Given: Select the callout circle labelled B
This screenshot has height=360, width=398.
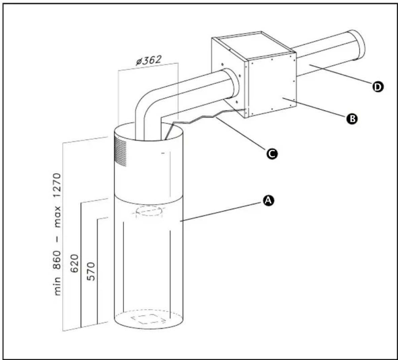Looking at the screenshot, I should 352,118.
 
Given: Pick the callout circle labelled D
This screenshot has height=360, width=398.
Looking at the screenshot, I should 378,87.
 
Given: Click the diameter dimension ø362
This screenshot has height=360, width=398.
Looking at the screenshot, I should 148,61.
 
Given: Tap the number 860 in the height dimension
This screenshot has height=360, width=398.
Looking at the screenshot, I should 58,260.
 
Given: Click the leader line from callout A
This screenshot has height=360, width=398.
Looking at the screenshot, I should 222,211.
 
